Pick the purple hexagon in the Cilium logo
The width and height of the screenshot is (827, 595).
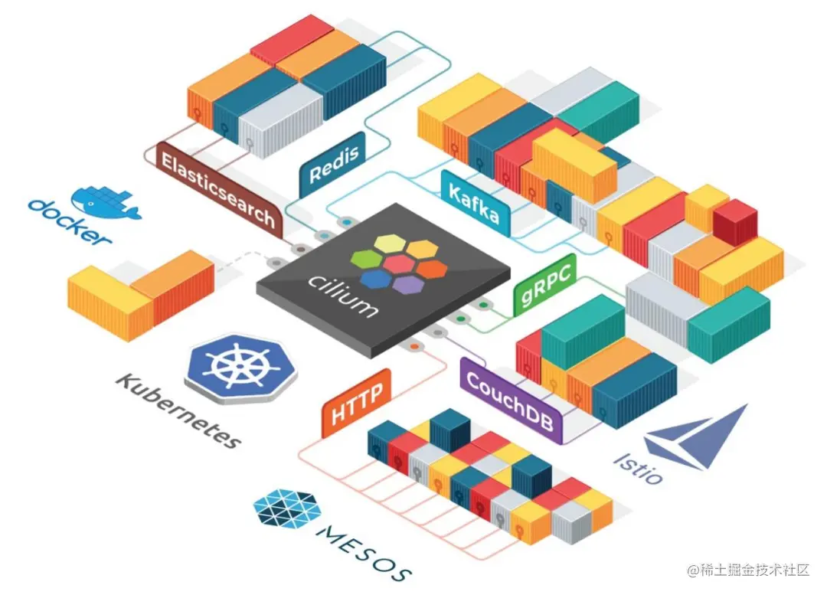pos(409,284)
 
